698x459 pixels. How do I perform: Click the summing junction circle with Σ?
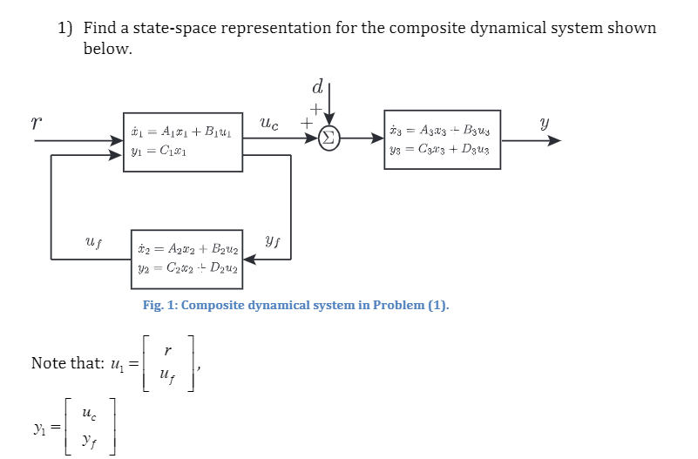[329, 138]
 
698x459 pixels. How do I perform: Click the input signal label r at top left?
[36, 122]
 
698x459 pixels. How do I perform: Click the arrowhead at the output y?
[554, 139]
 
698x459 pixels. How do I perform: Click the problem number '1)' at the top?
[66, 28]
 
